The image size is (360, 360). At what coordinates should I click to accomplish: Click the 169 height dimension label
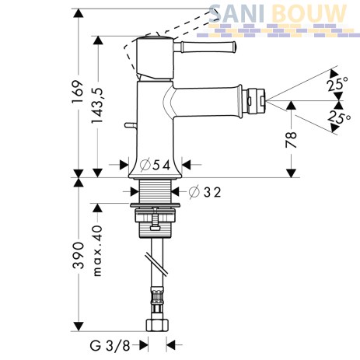point(79,92)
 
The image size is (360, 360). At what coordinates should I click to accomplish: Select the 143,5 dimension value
point(97,106)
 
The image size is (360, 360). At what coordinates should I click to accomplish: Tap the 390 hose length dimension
point(79,255)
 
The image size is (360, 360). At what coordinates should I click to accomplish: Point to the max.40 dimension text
point(97,251)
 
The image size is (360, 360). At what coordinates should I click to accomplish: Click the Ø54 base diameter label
point(155,165)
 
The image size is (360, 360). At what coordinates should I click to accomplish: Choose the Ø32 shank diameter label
point(204,192)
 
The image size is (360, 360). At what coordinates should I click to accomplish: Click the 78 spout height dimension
point(291,139)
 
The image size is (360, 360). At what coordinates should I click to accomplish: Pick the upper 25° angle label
point(337,84)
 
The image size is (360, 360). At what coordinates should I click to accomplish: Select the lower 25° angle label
point(338,117)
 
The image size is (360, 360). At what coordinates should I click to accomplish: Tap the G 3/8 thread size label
point(110,345)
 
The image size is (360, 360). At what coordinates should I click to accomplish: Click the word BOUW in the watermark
point(309,14)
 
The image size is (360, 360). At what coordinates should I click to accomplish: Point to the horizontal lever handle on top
point(205,47)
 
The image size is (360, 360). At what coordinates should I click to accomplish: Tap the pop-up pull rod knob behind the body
point(131,125)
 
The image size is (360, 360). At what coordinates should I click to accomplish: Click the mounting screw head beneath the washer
point(155,227)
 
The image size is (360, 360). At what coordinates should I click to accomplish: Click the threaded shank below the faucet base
point(156,192)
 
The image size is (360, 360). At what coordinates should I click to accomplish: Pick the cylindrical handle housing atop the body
point(155,58)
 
